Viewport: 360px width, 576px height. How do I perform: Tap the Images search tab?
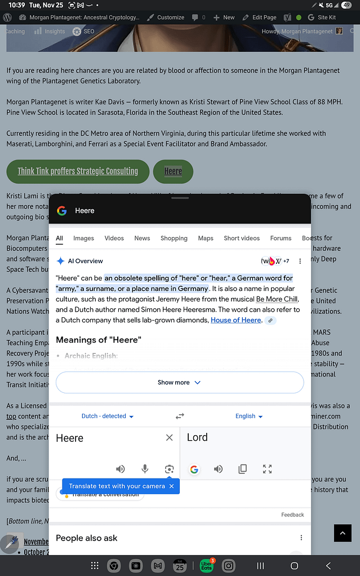[83, 238]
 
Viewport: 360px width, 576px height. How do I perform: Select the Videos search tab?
[114, 238]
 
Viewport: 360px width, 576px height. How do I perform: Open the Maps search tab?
[206, 238]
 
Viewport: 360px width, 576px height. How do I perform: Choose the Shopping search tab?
[174, 238]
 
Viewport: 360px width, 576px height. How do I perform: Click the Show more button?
[179, 382]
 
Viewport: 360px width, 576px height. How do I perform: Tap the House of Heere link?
[235, 320]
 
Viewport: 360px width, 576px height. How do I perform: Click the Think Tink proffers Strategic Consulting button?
[78, 171]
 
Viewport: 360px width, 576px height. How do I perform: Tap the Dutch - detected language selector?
[108, 416]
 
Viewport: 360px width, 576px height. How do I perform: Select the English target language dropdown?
[249, 416]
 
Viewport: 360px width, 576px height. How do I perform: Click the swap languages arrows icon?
[180, 416]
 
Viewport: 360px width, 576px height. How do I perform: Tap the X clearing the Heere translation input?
[169, 437]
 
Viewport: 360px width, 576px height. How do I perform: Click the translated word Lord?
[197, 437]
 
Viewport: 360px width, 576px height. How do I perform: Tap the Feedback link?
[292, 515]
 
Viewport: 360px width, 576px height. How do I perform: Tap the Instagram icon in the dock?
[228, 565]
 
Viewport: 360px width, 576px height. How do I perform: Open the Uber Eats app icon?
[206, 565]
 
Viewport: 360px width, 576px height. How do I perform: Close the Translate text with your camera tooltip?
[171, 486]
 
